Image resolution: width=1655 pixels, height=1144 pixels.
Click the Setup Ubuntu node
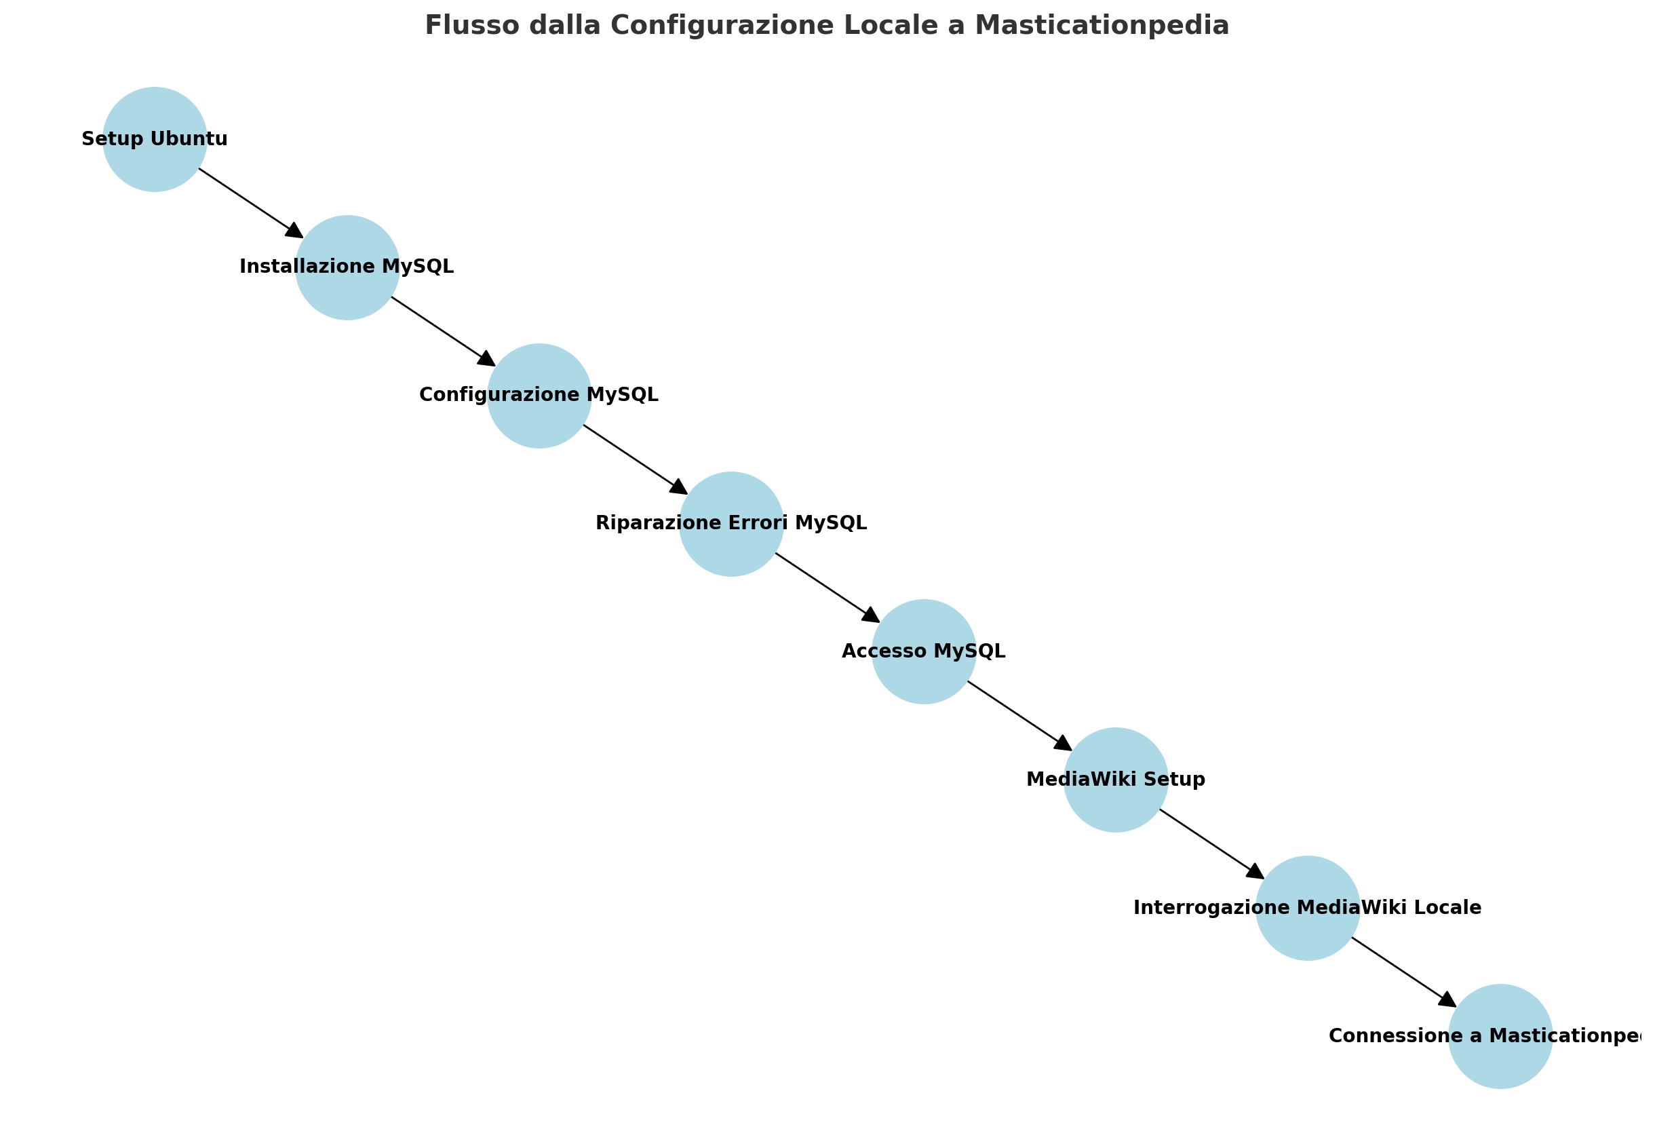155,139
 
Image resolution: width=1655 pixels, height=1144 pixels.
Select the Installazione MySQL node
347,267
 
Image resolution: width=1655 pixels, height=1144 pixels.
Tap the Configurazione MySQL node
539,396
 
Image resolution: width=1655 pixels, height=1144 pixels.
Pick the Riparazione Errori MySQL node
731,524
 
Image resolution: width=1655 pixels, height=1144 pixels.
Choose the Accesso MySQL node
924,651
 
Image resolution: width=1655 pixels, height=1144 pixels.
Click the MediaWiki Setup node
1116,780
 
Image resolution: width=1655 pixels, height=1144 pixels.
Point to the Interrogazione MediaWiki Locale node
1308,908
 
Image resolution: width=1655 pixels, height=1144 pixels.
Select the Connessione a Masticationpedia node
1500,1037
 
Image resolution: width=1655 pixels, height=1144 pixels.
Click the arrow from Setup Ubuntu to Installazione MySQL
251,203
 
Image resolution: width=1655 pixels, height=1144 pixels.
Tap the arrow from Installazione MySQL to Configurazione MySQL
443,331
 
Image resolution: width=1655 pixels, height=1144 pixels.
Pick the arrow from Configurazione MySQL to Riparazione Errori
636,459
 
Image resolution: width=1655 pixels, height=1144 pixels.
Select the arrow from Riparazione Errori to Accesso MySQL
827,588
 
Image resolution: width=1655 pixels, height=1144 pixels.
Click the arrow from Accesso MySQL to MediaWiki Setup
1019,716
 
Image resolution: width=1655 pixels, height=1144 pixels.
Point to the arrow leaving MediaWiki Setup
1211,844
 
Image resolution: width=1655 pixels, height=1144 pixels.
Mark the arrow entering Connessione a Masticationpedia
1403,972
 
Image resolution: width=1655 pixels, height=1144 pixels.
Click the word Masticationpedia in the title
1101,26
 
